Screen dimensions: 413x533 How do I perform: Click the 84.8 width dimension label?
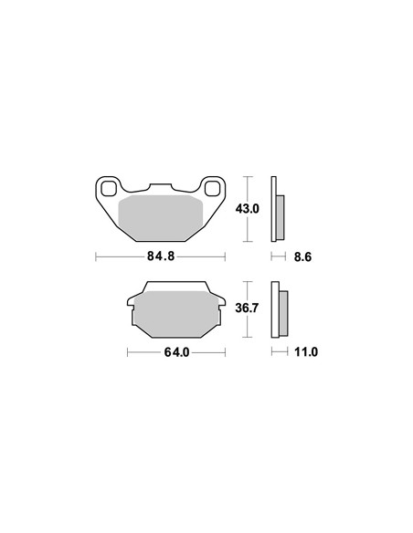tap(161, 256)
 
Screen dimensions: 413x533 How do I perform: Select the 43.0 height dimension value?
tap(247, 209)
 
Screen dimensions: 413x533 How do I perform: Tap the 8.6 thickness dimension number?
tap(302, 257)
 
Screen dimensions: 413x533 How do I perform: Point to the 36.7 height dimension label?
tap(247, 308)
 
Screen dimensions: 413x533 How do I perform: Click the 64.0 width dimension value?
tap(176, 352)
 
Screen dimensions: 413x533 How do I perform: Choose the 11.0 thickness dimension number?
tap(306, 351)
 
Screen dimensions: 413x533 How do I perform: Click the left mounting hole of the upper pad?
tap(109, 189)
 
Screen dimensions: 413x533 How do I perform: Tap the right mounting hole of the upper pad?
tap(213, 189)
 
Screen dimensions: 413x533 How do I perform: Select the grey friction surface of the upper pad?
tap(161, 218)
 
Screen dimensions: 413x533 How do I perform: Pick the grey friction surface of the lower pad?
tap(175, 314)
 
